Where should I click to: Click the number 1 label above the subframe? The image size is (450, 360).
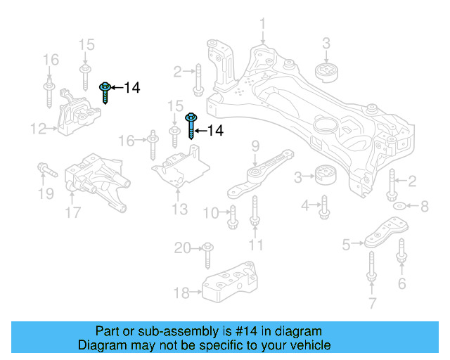(262, 25)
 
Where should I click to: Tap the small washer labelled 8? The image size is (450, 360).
(399, 206)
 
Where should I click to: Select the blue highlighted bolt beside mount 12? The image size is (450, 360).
(105, 91)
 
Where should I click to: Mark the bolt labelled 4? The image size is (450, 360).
(325, 207)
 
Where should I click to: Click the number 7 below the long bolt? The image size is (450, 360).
(372, 303)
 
